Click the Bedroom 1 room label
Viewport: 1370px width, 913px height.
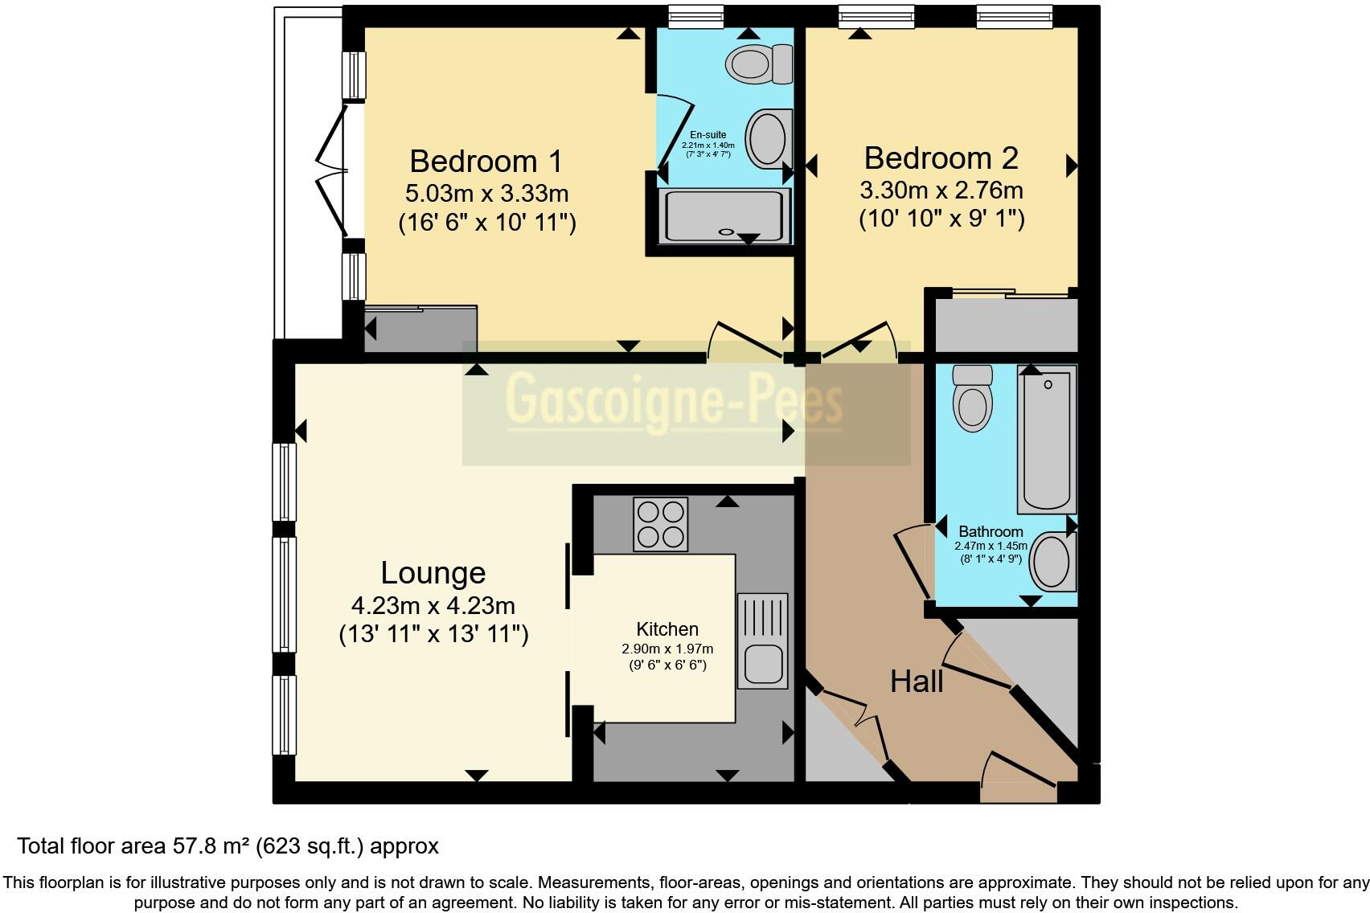click(485, 162)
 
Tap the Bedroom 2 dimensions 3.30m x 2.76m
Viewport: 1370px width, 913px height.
click(941, 190)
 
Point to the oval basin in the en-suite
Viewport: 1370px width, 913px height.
click(767, 138)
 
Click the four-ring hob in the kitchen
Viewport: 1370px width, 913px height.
click(660, 524)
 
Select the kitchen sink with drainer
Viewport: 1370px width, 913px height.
click(762, 641)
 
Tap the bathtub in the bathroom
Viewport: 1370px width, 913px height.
click(1046, 439)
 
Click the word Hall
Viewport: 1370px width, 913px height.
click(916, 682)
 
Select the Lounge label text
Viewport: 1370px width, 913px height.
click(433, 573)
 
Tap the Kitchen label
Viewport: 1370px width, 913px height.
click(667, 629)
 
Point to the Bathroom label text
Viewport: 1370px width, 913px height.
click(991, 532)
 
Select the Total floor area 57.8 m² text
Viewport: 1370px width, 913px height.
click(228, 846)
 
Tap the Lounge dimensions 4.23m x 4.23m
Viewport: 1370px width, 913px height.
click(433, 605)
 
